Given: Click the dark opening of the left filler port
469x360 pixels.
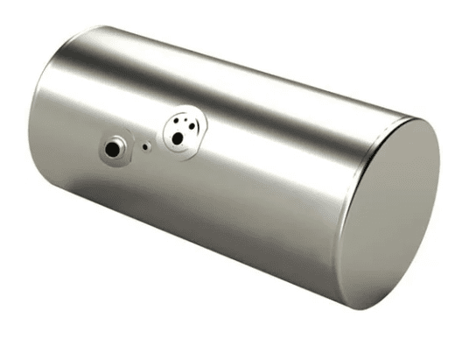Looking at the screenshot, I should pyautogui.click(x=113, y=150).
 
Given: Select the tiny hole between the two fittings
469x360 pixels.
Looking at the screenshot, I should pyautogui.click(x=146, y=148).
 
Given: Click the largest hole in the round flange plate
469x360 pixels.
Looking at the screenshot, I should pyautogui.click(x=178, y=138).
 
